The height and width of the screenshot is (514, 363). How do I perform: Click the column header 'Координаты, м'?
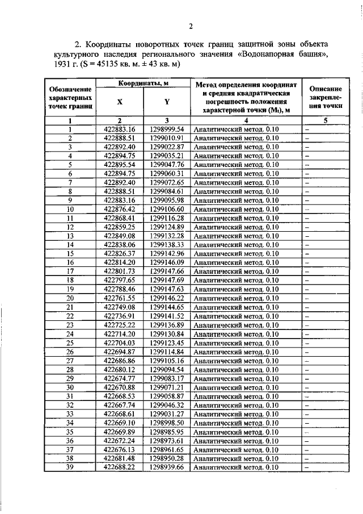143,84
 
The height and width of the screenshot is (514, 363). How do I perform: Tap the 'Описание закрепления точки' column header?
326,98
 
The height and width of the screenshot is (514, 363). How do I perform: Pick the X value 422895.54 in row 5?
120,165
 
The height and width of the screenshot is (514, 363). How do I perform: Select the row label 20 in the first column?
70,298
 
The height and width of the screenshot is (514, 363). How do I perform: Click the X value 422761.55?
120,298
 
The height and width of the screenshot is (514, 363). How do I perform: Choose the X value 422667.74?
120,405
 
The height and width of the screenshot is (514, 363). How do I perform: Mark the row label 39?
70,467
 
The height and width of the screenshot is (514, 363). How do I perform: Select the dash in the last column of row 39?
306,467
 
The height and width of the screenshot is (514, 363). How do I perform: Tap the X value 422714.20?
120,334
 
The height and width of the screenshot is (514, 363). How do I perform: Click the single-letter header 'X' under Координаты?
120,103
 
